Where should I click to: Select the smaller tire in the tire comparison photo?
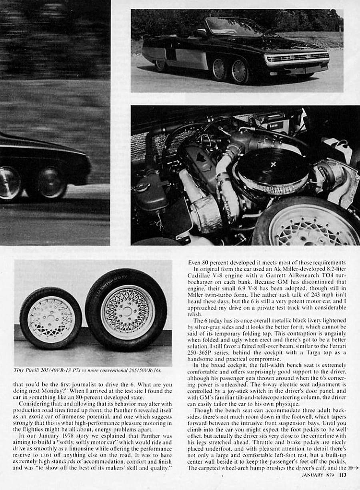coord(51,318)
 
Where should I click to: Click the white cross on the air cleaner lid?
coord(273,165)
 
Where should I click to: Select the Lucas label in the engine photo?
coord(276,125)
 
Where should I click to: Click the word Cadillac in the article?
coord(202,276)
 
